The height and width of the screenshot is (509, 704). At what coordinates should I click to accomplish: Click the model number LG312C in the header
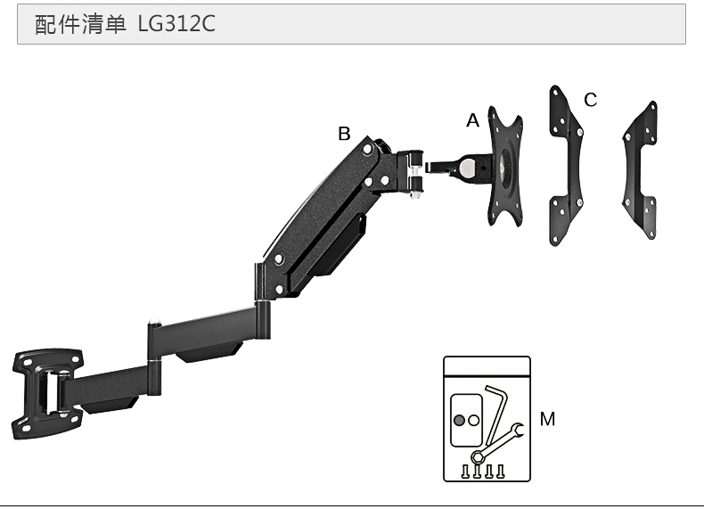tap(176, 24)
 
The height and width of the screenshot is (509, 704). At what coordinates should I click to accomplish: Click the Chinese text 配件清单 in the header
tap(80, 24)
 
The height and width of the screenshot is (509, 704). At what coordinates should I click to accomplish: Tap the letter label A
tap(473, 121)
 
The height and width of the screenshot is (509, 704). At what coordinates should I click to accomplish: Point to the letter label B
tap(344, 134)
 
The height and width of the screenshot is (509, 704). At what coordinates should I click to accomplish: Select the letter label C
tap(591, 100)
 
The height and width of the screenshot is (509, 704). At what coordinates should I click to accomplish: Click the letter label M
tap(547, 419)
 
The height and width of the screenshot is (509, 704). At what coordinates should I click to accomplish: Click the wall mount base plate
tap(47, 394)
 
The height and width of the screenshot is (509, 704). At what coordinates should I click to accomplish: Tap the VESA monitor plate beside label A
tap(505, 166)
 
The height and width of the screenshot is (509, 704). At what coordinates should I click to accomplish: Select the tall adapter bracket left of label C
tap(566, 165)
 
